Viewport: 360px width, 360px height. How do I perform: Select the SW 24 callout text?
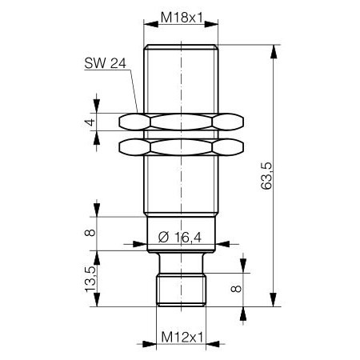tap(103, 65)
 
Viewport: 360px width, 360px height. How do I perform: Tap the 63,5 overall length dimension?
tap(267, 176)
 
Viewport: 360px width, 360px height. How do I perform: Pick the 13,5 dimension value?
tap(90, 278)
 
